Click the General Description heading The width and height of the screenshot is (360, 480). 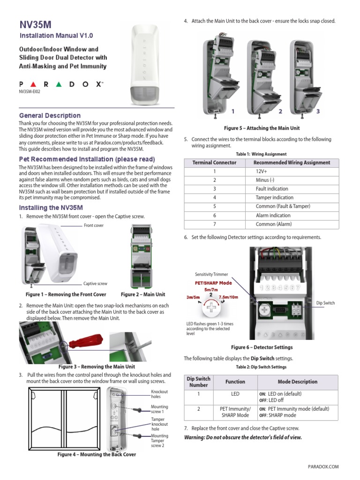[x=50, y=115]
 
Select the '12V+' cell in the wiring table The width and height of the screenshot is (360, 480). [x=262, y=172]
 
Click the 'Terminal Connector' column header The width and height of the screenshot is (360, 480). [x=215, y=163]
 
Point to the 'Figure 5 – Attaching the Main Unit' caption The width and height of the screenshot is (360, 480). [x=262, y=128]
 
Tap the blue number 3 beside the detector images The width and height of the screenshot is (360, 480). [x=318, y=112]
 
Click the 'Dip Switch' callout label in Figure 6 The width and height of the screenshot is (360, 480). [x=326, y=303]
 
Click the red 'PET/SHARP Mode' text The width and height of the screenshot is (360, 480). [x=213, y=283]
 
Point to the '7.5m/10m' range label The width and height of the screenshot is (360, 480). [x=229, y=297]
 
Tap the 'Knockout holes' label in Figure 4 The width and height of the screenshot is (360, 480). [x=159, y=394]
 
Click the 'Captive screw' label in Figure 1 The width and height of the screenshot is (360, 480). [x=95, y=284]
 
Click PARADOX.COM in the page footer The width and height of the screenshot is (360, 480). [x=323, y=466]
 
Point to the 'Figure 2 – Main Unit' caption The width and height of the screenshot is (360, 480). [x=143, y=294]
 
